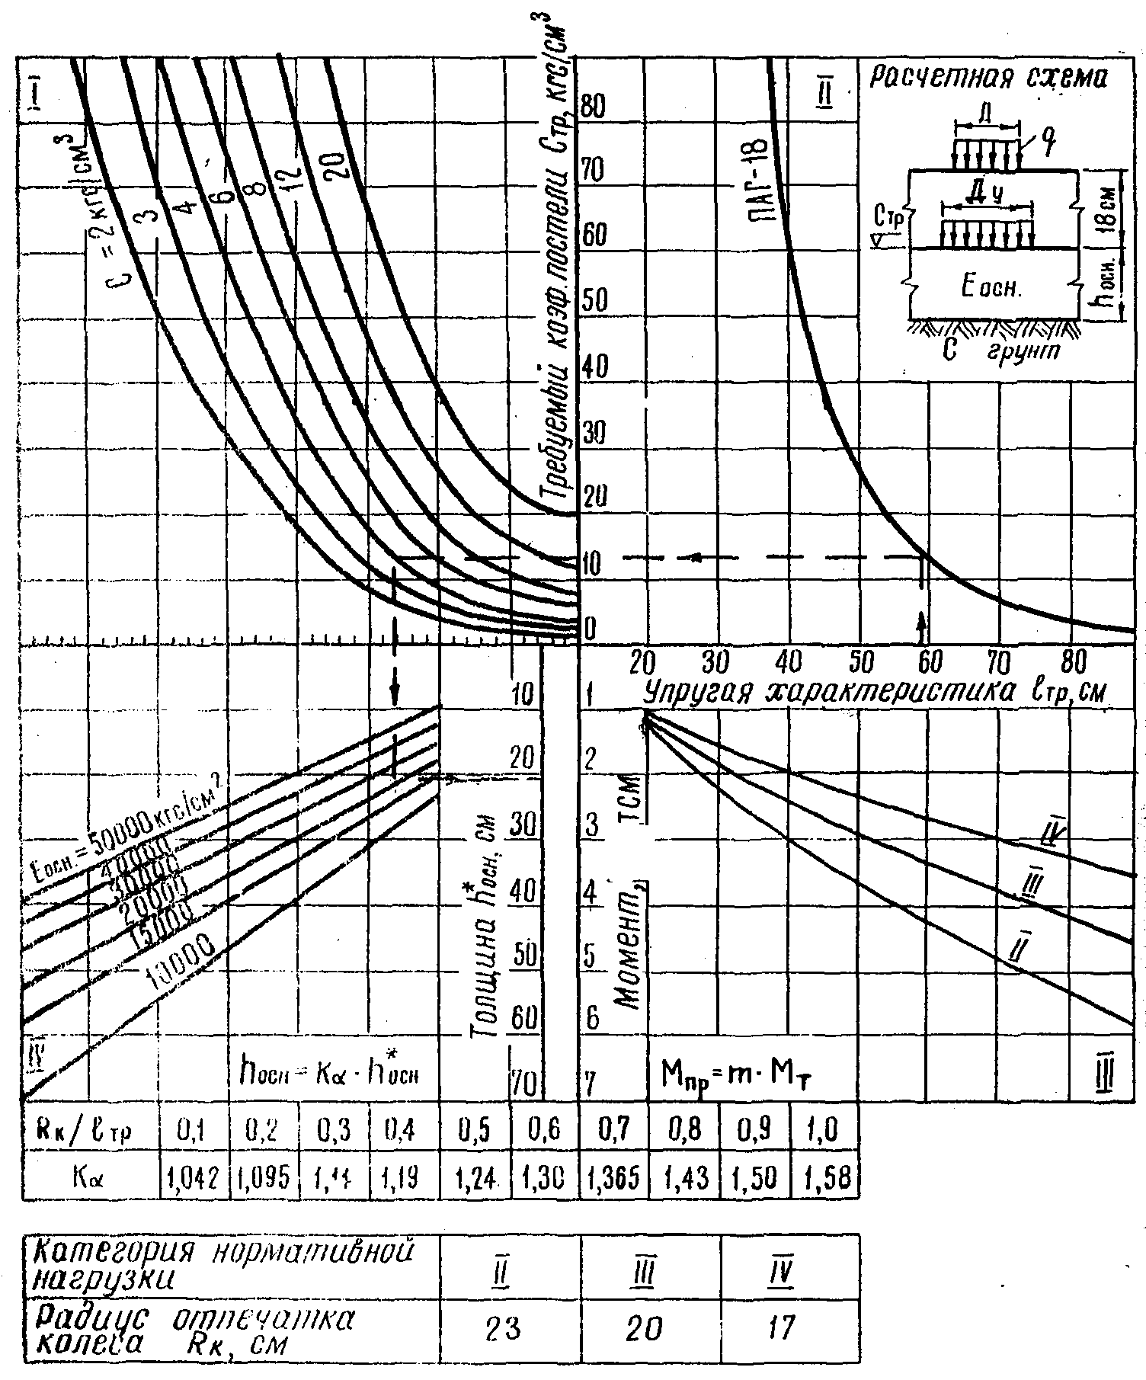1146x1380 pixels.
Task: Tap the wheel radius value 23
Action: (x=504, y=1330)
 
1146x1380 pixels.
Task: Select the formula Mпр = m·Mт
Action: (x=742, y=1074)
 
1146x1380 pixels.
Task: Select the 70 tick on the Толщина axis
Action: (x=523, y=1082)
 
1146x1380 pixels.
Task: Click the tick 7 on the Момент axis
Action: (x=591, y=1082)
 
